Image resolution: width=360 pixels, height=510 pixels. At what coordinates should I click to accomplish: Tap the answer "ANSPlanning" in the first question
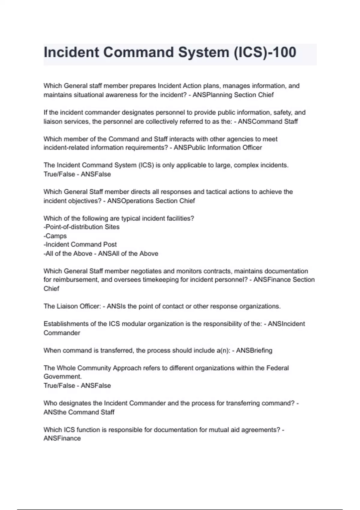(x=212, y=95)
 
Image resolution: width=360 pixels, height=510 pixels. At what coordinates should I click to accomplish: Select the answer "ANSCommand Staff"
(x=268, y=121)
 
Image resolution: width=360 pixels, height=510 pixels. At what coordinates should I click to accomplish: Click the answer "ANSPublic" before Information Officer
(x=189, y=148)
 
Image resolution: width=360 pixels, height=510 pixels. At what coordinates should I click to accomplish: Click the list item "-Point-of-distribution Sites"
(x=82, y=227)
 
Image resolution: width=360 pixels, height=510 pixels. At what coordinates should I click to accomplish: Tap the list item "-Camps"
(x=55, y=236)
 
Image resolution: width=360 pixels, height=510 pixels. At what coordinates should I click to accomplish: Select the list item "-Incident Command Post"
(x=80, y=244)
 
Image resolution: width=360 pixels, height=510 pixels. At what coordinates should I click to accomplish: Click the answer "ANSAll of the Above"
(x=128, y=253)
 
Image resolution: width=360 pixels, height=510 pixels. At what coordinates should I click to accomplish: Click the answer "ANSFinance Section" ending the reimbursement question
(x=284, y=280)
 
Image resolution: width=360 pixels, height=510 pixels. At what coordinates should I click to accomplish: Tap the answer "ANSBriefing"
(x=254, y=350)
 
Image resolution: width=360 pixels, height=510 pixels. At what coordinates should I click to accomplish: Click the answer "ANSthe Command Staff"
(x=79, y=412)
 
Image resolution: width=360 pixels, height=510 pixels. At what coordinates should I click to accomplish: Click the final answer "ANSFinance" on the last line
(x=62, y=438)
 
